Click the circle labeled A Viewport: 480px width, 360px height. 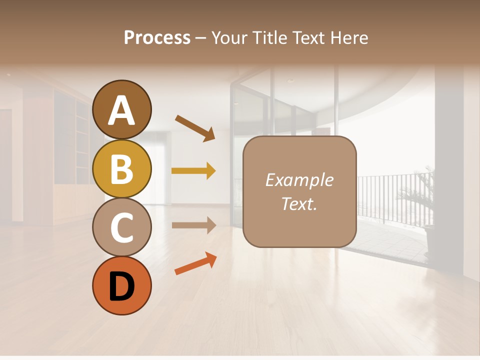[121, 109]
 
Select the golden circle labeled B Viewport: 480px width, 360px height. [121, 168]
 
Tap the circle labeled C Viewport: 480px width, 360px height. [121, 227]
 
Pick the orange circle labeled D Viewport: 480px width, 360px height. [121, 286]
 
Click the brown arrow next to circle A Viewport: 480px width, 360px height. [195, 128]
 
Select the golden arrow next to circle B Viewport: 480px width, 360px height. [193, 171]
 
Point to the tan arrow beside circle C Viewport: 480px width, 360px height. [193, 225]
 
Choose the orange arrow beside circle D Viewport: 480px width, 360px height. [195, 264]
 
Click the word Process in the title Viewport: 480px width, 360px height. [157, 37]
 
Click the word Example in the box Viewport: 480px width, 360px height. [299, 180]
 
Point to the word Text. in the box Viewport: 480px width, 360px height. [299, 203]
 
